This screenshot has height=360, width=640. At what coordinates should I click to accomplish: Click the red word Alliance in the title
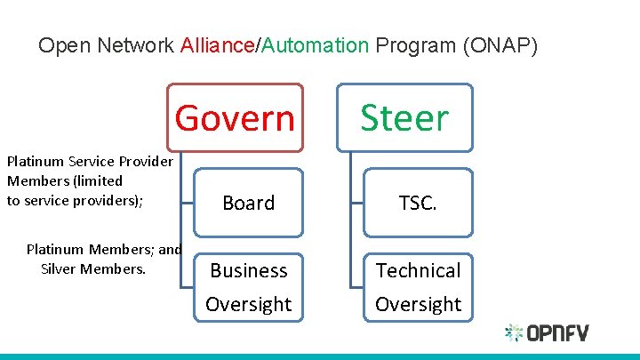click(217, 45)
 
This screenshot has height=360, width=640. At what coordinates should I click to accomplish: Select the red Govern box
click(236, 117)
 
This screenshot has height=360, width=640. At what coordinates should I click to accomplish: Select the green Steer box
click(404, 117)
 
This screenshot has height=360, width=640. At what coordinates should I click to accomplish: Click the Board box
click(248, 204)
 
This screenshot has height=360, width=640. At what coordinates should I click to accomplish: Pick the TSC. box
click(418, 204)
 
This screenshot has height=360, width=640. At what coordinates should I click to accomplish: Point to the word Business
click(248, 270)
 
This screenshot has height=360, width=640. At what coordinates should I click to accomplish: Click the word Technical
click(418, 270)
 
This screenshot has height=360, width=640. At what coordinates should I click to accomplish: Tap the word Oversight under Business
click(248, 304)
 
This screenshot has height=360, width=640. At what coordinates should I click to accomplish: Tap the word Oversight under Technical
click(418, 304)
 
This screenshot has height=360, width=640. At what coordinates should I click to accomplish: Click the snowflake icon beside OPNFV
click(514, 333)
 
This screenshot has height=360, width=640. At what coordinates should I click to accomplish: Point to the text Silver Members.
click(93, 268)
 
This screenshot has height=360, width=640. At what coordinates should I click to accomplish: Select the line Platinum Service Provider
click(90, 162)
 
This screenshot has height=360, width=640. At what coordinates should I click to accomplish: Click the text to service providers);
click(75, 200)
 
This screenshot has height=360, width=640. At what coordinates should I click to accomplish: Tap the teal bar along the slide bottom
click(320, 356)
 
